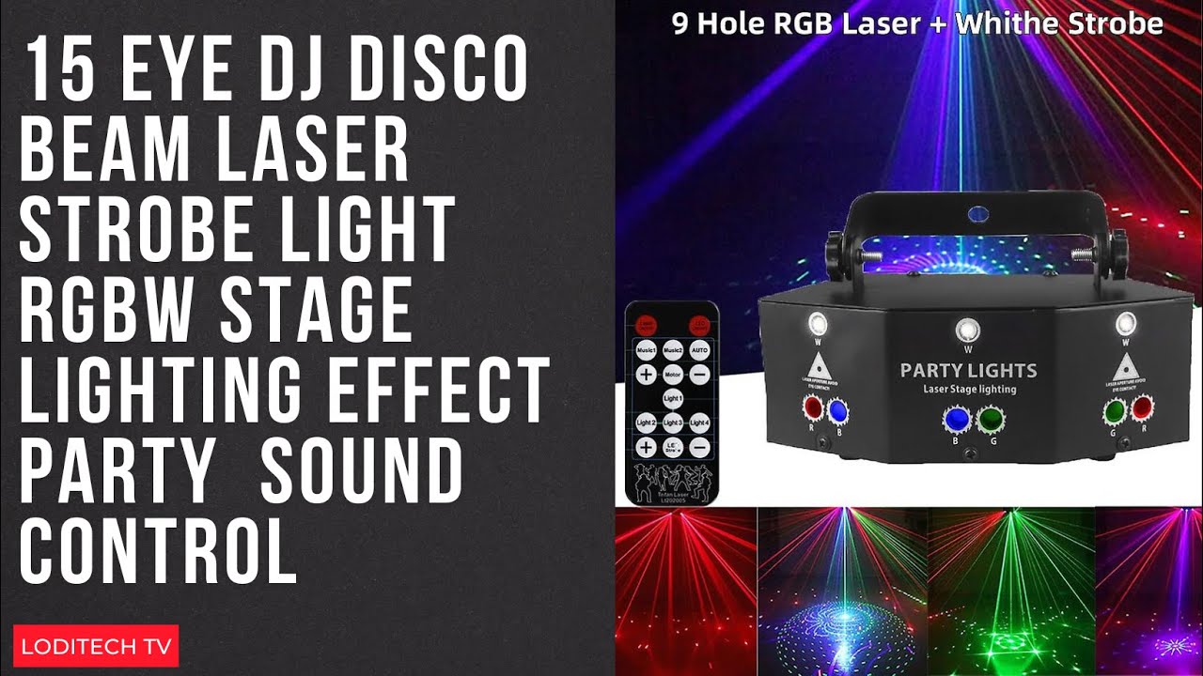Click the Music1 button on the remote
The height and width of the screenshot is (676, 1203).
point(646,350)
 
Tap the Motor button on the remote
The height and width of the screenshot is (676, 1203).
point(672,374)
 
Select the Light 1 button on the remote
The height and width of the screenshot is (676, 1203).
point(672,399)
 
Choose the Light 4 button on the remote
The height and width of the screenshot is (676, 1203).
point(698,423)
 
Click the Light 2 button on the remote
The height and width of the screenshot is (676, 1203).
point(646,423)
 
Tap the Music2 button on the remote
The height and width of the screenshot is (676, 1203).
point(672,350)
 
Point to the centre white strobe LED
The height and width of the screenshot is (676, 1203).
point(966,330)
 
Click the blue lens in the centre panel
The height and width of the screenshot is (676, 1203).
point(956,420)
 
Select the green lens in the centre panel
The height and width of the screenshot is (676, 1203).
point(990,420)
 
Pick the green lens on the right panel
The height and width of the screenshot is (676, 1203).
point(1116,410)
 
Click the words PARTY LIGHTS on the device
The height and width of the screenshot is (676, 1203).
point(968,370)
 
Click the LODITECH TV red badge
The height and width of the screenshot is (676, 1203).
point(96,646)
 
